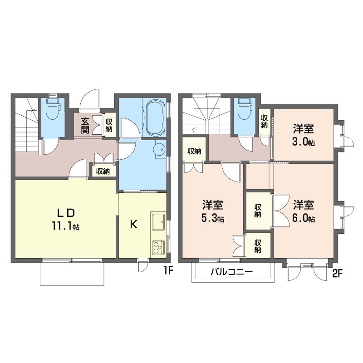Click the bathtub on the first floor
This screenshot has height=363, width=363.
pos(155,118)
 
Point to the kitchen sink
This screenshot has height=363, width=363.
pos(158,222)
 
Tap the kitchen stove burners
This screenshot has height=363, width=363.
pos(158,247)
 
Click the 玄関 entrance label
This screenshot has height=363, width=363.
pos(85,126)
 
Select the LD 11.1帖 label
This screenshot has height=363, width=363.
pos(66,219)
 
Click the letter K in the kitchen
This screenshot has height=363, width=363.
pos(133,224)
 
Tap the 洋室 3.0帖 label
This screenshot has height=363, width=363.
pos(304,135)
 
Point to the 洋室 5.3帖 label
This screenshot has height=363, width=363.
pos(212,211)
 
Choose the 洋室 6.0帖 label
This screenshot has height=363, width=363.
pos(304,211)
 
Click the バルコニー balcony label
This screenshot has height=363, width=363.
pos(231,271)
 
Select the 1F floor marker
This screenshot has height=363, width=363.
pos(168,270)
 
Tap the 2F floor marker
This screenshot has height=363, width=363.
pos(337,274)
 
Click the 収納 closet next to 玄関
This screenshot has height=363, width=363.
pos(109,125)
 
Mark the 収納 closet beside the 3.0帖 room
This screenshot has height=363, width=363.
pos(264,121)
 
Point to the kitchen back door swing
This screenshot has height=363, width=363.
pos(143,265)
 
